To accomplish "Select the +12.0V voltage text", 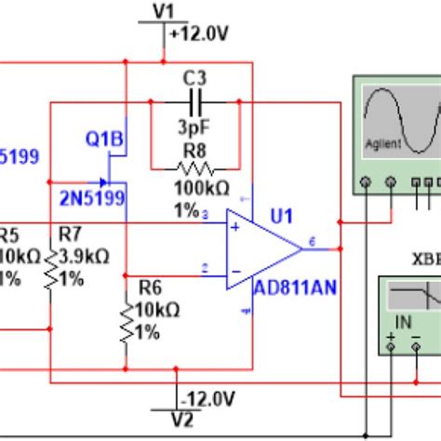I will click(199, 33).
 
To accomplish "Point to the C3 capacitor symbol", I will click(195, 101).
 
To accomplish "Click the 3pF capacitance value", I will click(194, 127).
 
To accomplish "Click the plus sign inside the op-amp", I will click(235, 225).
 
